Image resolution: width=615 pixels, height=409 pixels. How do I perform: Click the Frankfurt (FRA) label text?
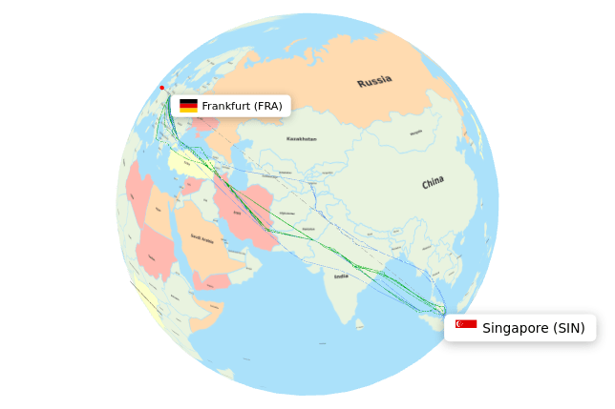[242, 106]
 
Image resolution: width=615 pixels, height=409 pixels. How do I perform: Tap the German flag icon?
[188, 106]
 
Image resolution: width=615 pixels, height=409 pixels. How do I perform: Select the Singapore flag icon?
[466, 325]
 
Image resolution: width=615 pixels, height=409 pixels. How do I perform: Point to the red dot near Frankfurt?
[161, 88]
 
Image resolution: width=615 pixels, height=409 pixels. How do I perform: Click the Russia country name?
[374, 81]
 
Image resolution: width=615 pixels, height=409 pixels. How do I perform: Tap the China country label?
[433, 182]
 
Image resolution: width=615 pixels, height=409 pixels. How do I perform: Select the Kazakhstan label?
[302, 139]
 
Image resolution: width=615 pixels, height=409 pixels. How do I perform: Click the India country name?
[341, 276]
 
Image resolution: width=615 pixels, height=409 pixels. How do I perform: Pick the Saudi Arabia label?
[202, 238]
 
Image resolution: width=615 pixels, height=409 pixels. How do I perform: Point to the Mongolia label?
[416, 133]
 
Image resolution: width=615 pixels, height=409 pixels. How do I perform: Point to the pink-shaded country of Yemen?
[212, 281]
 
